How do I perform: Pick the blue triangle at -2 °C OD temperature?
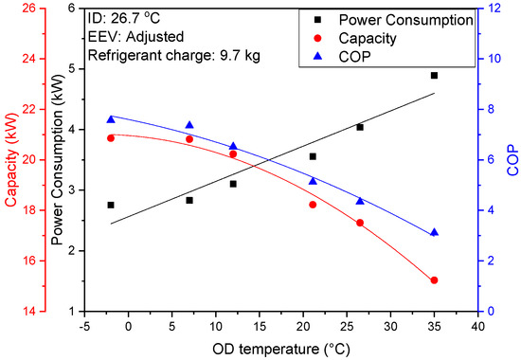111,118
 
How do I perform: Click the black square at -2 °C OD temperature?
111,205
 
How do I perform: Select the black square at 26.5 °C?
360,127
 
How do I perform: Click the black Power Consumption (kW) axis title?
59,158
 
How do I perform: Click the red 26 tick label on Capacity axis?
29,9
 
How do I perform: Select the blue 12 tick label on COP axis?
494,9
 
